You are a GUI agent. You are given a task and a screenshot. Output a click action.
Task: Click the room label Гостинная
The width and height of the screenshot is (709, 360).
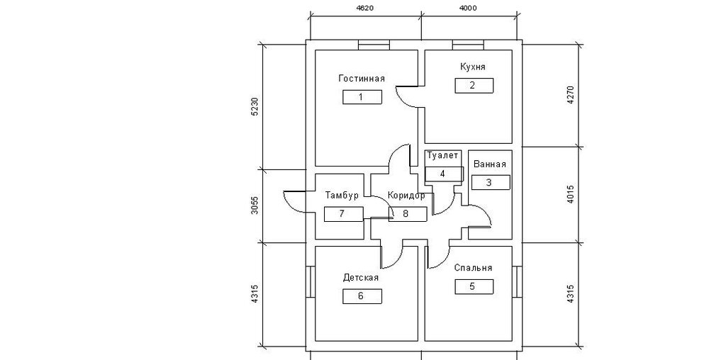click(x=362, y=79)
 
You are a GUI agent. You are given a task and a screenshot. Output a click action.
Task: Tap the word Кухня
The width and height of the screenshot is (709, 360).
click(x=472, y=67)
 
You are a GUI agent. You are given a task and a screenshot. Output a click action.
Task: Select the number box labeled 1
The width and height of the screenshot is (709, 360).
click(x=362, y=97)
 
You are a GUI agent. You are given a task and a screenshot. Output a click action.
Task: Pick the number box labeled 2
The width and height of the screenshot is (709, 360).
click(x=474, y=85)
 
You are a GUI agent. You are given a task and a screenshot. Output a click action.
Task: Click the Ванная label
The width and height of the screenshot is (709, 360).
click(x=490, y=164)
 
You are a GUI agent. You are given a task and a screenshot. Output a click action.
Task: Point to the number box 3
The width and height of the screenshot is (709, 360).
click(x=491, y=182)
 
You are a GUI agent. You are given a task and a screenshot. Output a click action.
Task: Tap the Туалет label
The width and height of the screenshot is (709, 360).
click(x=442, y=156)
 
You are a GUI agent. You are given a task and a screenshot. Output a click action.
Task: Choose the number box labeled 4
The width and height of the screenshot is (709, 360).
click(x=444, y=174)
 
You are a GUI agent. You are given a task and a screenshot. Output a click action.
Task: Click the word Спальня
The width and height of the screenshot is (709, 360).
click(x=473, y=268)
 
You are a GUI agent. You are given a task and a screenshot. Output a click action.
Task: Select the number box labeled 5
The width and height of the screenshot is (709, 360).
click(x=474, y=286)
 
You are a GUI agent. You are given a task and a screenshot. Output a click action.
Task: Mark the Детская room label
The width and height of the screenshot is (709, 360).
click(x=360, y=277)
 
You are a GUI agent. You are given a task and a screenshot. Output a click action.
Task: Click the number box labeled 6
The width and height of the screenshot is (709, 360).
click(x=362, y=296)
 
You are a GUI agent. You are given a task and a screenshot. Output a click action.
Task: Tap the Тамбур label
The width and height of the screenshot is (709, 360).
click(x=342, y=195)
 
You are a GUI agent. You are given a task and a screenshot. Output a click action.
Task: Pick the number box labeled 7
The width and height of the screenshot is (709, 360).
click(x=343, y=214)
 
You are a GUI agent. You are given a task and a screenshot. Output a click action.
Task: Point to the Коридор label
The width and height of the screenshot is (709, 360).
click(x=406, y=196)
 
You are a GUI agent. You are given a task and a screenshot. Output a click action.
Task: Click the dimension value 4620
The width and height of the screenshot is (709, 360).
click(x=365, y=8)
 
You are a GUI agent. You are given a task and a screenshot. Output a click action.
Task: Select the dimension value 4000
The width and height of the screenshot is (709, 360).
click(x=467, y=8)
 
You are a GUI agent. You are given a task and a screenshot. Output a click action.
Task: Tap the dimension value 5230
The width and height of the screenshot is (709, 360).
click(x=255, y=106)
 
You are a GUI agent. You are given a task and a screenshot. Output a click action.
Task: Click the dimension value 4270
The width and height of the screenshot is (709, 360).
click(x=570, y=95)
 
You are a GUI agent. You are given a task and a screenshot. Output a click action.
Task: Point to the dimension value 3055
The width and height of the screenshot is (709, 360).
click(x=255, y=205)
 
